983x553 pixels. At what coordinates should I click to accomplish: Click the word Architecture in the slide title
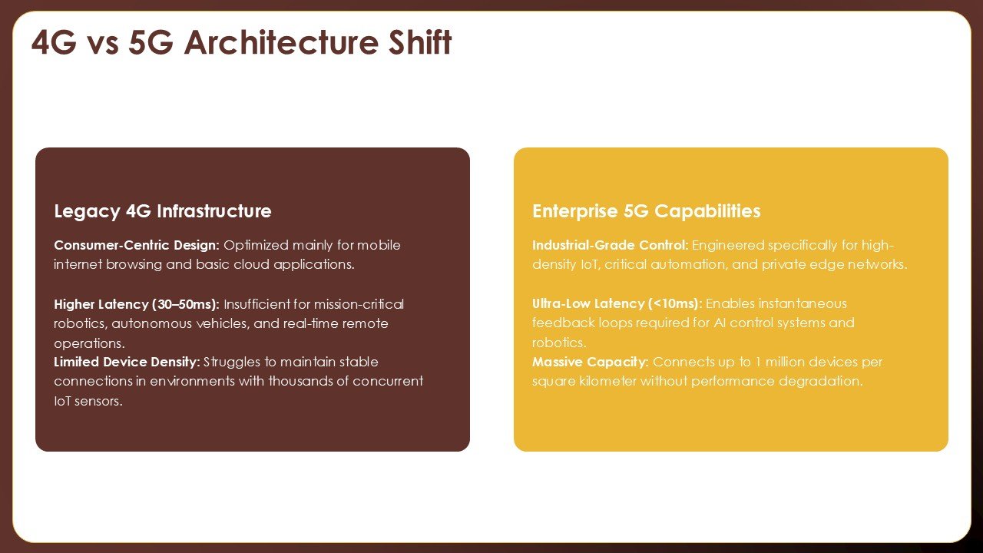281,42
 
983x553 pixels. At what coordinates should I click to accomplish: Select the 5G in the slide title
151,42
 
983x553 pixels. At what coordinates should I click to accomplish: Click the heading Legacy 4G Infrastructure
163,211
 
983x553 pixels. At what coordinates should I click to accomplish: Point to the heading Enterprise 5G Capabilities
647,211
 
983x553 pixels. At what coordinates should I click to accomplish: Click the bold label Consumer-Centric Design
137,245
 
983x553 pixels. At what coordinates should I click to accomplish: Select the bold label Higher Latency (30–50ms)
137,304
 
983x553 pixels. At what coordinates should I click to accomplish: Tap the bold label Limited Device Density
127,362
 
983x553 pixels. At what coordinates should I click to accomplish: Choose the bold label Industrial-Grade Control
611,245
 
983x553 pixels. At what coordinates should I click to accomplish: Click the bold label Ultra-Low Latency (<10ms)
617,303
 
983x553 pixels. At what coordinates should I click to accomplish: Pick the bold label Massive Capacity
591,362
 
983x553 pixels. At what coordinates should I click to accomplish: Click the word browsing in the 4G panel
134,265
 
